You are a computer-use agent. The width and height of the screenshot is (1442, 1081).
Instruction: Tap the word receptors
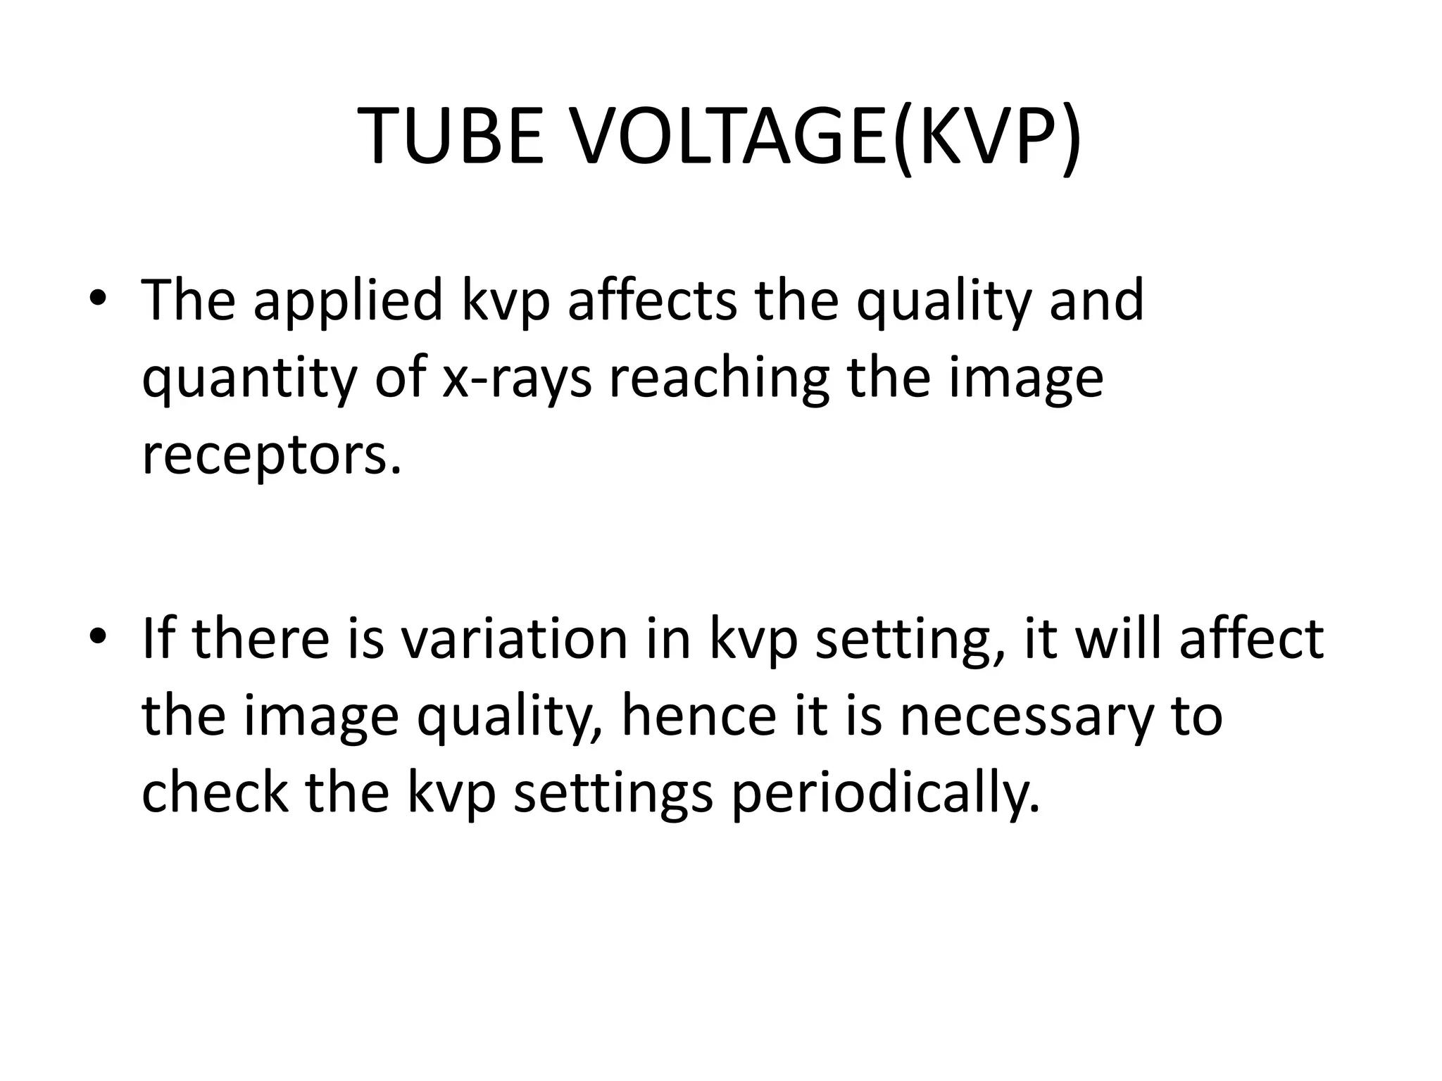(x=271, y=456)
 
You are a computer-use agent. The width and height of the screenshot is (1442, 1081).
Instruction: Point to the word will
(x=1119, y=638)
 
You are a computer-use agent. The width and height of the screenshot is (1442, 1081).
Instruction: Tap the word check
(x=215, y=793)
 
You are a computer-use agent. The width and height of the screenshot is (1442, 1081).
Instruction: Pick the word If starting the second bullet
(x=161, y=638)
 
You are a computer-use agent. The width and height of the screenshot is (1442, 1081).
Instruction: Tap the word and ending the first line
(x=1096, y=301)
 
